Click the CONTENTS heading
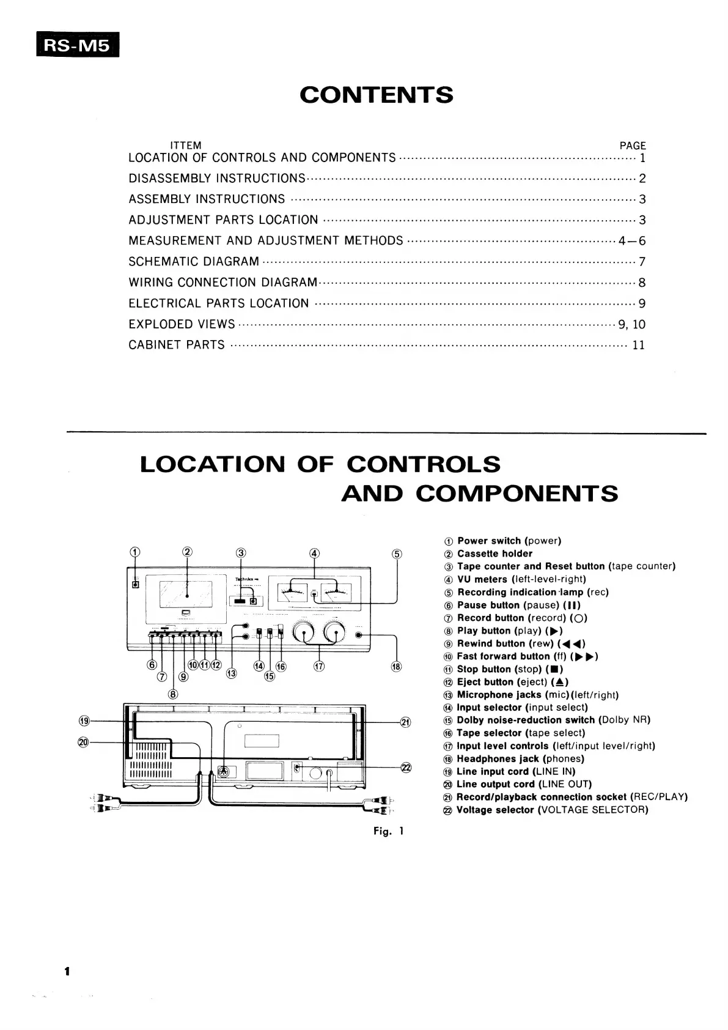click(377, 95)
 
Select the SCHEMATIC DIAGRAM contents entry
click(194, 262)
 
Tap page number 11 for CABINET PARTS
click(638, 345)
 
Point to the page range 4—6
click(631, 241)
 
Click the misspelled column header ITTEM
click(186, 146)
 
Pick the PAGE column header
click(633, 146)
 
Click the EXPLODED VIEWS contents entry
click(182, 324)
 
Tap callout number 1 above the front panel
click(135, 552)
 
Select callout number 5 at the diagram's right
click(397, 554)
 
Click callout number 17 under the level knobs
click(319, 666)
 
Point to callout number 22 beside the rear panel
click(406, 768)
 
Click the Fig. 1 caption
click(389, 831)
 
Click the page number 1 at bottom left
click(67, 971)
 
